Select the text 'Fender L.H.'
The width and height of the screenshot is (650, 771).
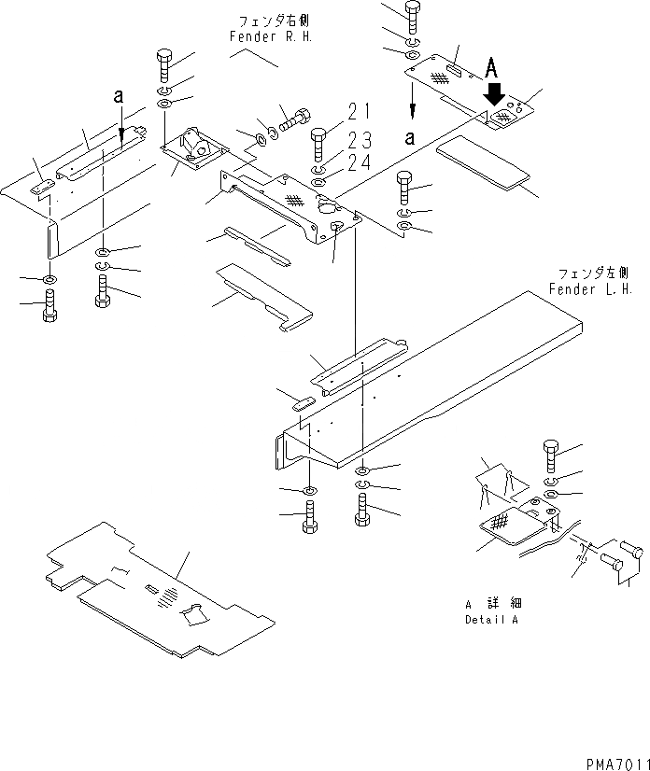590,289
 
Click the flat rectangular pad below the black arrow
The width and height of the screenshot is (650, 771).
487,161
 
